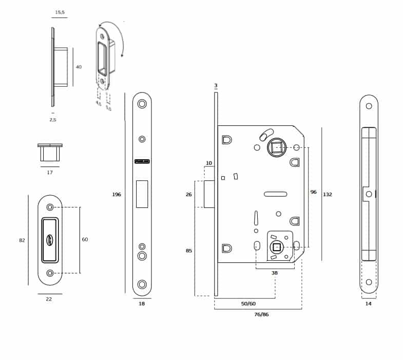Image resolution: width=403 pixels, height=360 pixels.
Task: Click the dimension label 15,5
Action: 60,12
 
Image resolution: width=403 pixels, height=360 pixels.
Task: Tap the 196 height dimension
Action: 117,194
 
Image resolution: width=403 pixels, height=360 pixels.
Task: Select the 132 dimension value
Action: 328,195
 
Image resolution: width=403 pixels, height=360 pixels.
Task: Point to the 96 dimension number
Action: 313,192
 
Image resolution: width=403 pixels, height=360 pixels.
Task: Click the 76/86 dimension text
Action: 261,314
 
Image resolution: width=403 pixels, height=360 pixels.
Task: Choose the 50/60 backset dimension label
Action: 248,304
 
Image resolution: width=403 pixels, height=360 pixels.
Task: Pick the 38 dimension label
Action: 275,273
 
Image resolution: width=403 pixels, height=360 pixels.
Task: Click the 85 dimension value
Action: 189,251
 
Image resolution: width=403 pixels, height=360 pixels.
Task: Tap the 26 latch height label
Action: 189,194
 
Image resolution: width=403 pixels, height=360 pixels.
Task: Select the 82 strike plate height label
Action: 22,240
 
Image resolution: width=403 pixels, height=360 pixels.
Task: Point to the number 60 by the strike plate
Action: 85,239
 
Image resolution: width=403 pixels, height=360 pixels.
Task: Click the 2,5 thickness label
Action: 53,120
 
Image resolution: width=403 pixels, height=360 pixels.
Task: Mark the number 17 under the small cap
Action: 50,173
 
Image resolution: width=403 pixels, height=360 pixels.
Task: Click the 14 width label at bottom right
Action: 368,304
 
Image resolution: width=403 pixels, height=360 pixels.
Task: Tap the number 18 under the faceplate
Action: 142,304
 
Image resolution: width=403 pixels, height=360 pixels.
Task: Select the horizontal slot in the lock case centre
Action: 275,194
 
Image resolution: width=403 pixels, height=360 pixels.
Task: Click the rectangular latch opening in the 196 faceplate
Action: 142,194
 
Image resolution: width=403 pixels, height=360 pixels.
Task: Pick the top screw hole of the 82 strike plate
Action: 50,207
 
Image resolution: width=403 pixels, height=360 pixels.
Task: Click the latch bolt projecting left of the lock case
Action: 209,194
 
